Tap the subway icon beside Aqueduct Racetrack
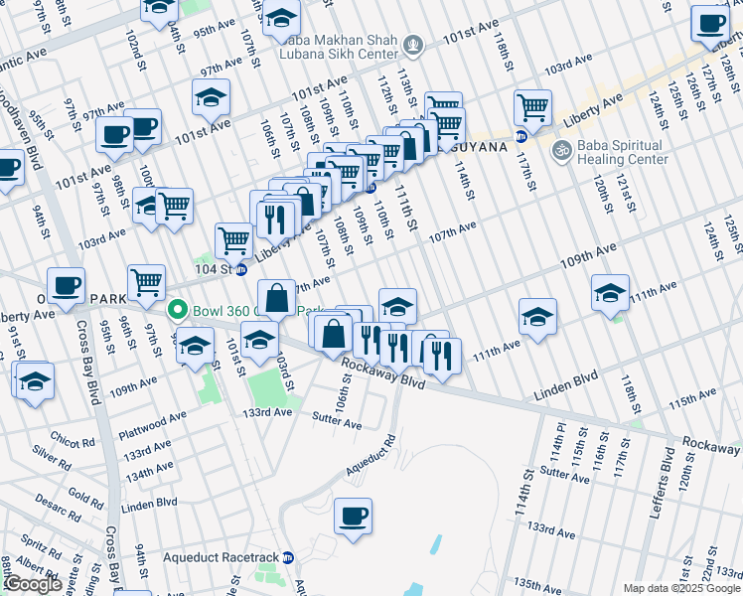pyautogui.click(x=288, y=557)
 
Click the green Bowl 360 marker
pyautogui.click(x=179, y=309)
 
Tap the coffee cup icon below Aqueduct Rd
pyautogui.click(x=353, y=516)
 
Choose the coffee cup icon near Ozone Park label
pyautogui.click(x=67, y=286)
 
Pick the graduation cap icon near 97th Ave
pyautogui.click(x=211, y=97)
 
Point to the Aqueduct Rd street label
pyautogui.click(x=370, y=454)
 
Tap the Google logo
pyautogui.click(x=33, y=583)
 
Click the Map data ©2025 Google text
pyautogui.click(x=682, y=588)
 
